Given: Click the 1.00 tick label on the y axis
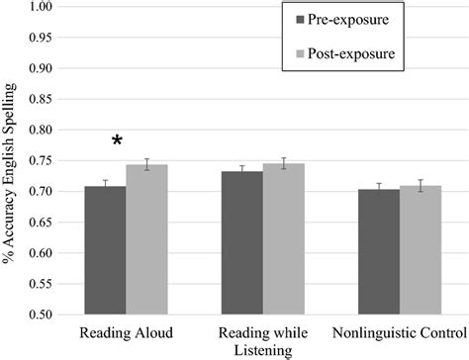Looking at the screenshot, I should coord(40,7).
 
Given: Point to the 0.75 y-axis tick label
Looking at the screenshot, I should coord(40,160).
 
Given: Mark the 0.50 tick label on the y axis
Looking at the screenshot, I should coord(40,314).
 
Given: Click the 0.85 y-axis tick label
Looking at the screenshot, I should coord(40,99).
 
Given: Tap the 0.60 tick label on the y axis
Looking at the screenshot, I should coord(40,252).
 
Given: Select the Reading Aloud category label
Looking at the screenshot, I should coord(125,333).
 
